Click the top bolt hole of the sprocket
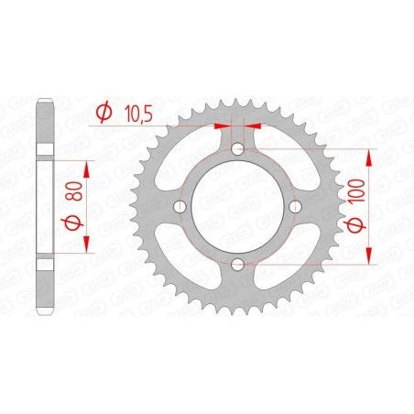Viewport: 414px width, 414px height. coord(237,150)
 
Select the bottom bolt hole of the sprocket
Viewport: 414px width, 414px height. coord(237,265)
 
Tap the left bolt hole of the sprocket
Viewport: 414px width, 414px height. coord(180,207)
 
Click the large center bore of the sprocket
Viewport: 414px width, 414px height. coord(237,207)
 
